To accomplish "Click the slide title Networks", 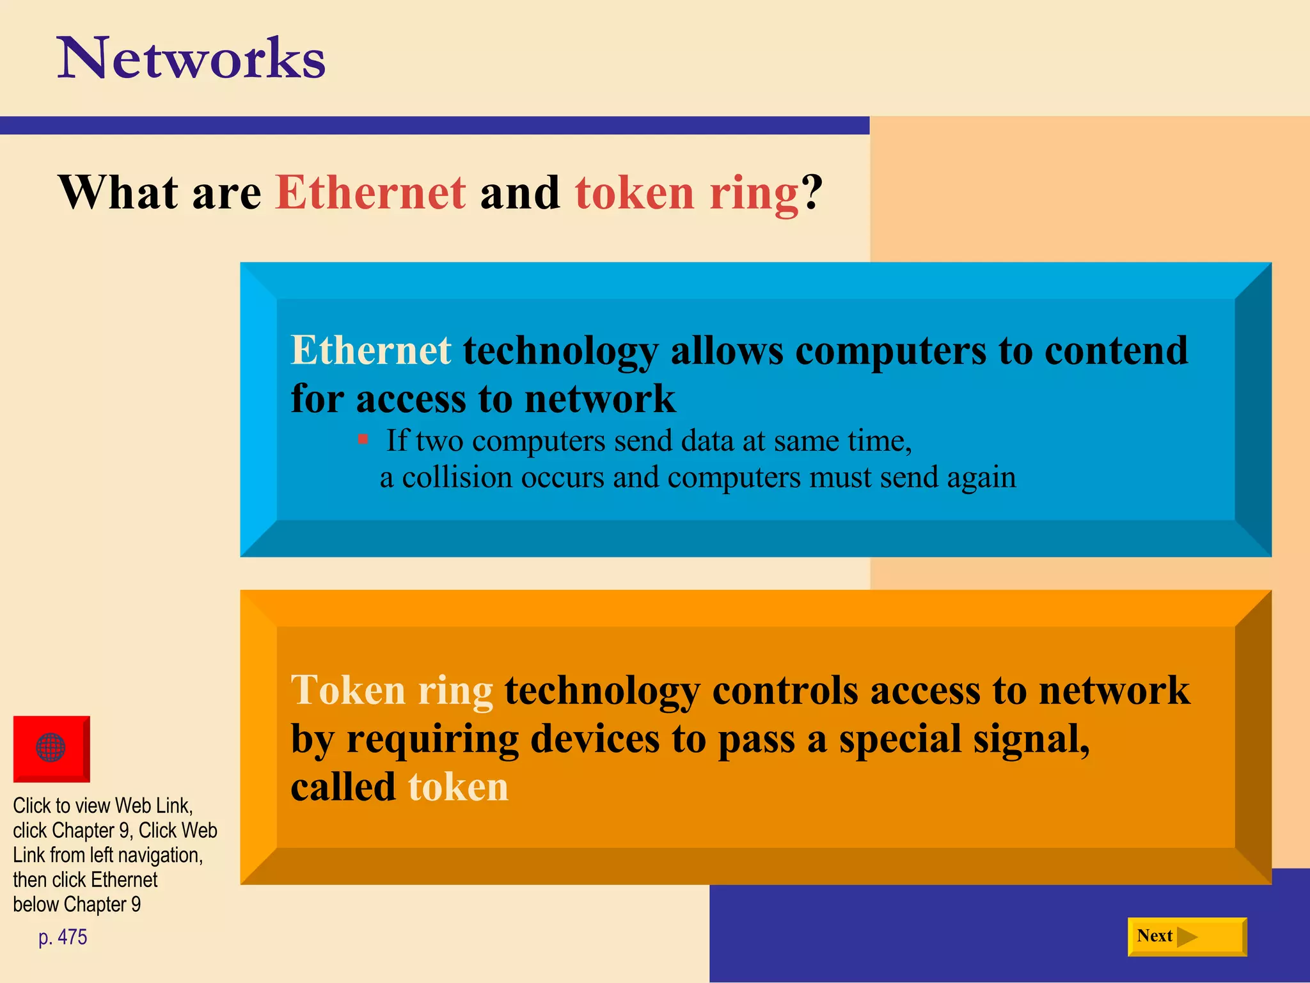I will tap(192, 59).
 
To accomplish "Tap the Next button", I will tap(1187, 936).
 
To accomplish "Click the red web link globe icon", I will tap(51, 748).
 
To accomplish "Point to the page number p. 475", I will tap(63, 937).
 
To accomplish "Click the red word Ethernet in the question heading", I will tap(371, 193).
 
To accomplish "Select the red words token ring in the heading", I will tap(686, 193).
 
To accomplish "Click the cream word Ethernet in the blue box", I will tap(371, 351).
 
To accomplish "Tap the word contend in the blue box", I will tap(1116, 351).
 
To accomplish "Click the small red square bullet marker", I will tap(363, 439).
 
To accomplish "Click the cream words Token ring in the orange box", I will tap(391, 691).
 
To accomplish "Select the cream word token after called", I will tap(458, 787).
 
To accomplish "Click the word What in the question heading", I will tap(118, 193).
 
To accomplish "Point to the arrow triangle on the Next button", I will tap(1187, 937).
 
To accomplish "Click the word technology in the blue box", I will tap(560, 351).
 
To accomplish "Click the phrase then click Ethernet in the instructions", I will tap(85, 880).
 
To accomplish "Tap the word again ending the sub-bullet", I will tap(981, 477).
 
